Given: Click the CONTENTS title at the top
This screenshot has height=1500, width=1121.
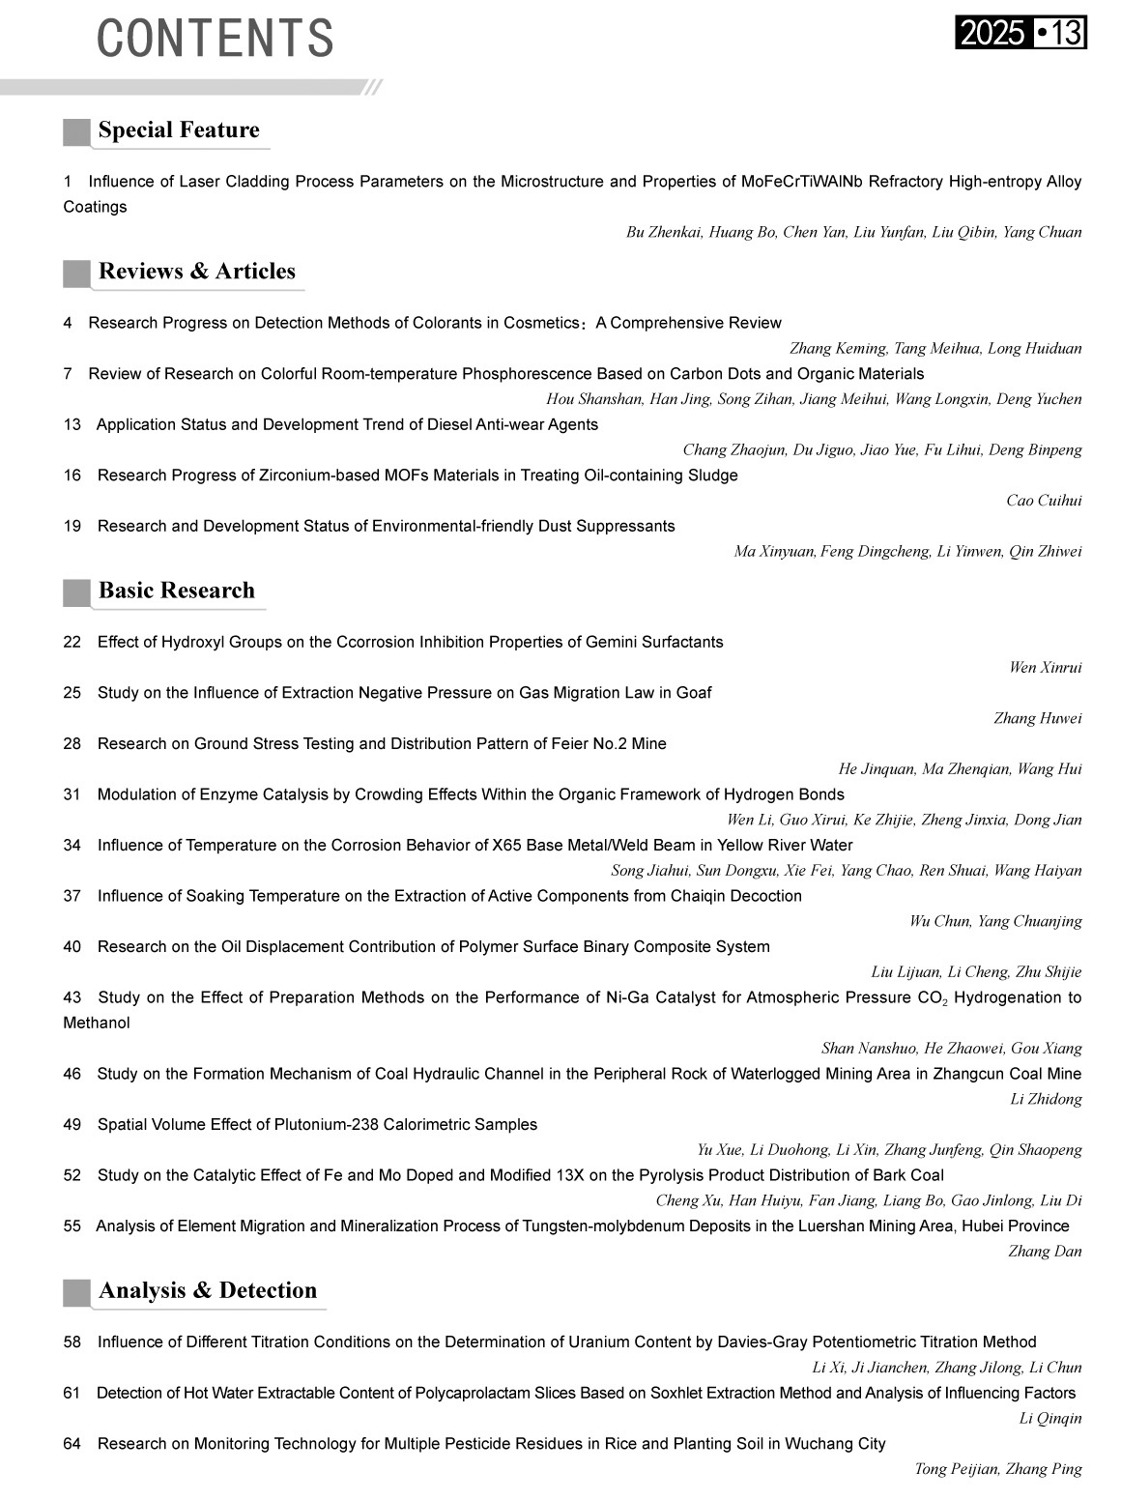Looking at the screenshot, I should point(215,39).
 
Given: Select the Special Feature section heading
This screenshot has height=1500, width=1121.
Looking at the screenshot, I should point(179,130).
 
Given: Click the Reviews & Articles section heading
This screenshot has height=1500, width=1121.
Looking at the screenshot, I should point(197,272).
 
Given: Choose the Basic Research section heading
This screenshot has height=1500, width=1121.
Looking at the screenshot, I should point(177,591).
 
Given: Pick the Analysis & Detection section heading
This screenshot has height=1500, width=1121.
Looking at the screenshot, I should point(208,1291).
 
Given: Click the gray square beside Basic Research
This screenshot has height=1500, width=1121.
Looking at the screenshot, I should point(76,591).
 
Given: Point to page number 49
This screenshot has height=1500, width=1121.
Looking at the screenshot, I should point(72,1125).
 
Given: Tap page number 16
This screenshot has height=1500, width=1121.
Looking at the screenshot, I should point(72,476).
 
